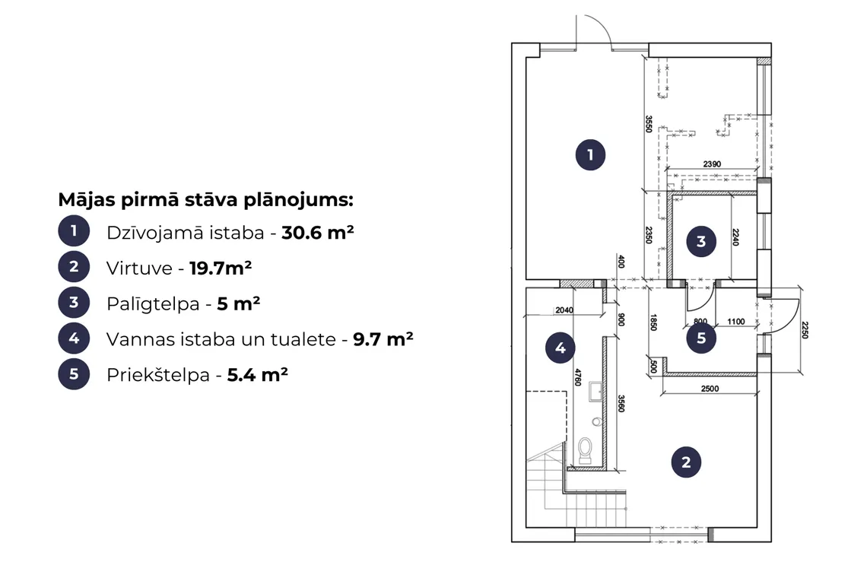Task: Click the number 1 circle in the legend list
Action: pos(74,230)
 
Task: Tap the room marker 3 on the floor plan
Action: pos(701,242)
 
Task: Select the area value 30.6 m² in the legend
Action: pos(318,232)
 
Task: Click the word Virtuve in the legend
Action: pos(139,268)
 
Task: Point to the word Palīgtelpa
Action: pos(153,304)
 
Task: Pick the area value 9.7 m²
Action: pos(383,339)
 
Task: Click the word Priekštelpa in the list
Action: pos(158,375)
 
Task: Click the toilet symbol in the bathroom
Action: pos(585,450)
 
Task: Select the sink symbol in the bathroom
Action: pos(595,391)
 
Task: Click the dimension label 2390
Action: pos(712,164)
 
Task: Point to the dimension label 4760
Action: pos(578,377)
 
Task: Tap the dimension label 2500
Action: pos(710,389)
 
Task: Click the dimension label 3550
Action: pos(649,124)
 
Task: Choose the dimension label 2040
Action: pos(564,310)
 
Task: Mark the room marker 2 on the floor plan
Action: pos(686,462)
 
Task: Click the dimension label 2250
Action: pos(805,329)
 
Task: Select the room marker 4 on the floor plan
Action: pos(560,348)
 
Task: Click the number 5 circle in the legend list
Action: pos(74,374)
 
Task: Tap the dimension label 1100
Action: pos(736,322)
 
